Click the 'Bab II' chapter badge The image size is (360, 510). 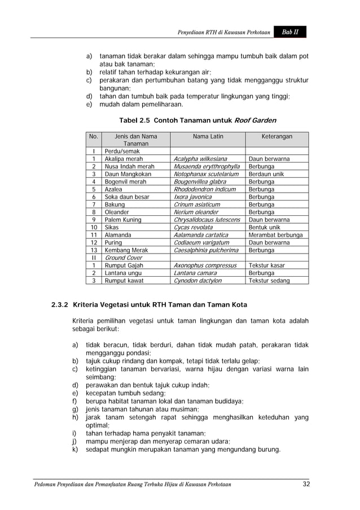click(291, 33)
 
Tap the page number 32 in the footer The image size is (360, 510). click(307, 484)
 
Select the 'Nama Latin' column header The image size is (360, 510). click(208, 136)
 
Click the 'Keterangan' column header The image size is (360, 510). click(276, 136)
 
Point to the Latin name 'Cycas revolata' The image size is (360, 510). click(193, 228)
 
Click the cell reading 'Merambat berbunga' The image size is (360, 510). click(275, 235)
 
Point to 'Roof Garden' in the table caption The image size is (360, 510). click(255, 120)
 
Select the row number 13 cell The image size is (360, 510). click(93, 250)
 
